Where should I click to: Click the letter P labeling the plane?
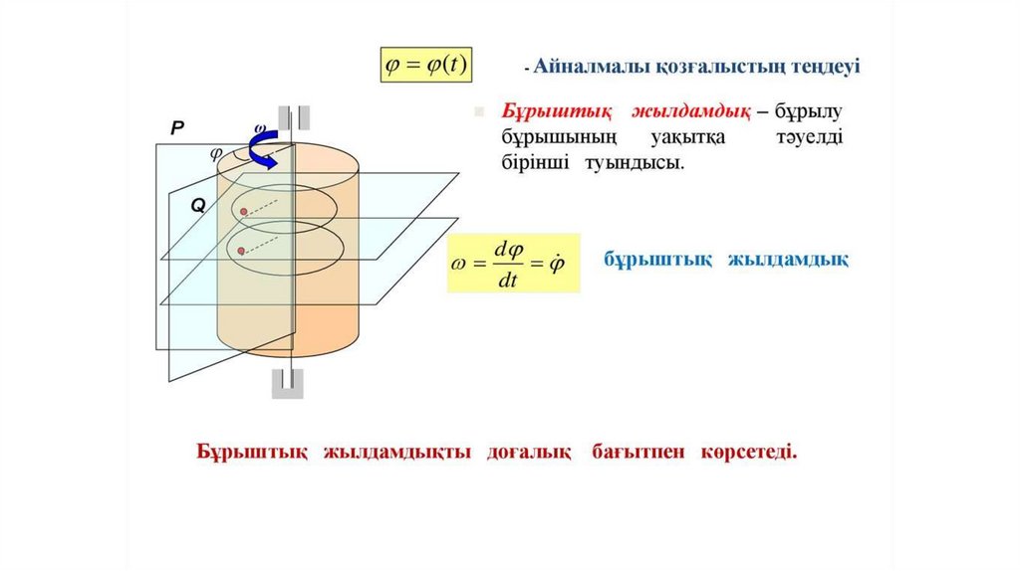177,127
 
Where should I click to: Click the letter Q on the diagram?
197,205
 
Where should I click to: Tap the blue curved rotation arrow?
264,150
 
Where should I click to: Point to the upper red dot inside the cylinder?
242,212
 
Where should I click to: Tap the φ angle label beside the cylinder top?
215,153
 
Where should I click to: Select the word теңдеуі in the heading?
826,67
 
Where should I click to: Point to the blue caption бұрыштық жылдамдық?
726,261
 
